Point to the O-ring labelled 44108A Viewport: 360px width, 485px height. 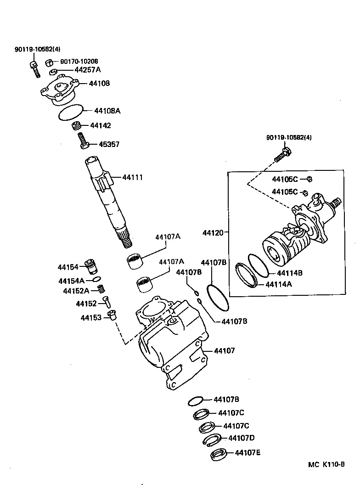click(x=71, y=113)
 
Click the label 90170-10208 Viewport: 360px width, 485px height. click(x=79, y=61)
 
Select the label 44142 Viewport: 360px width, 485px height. click(x=100, y=125)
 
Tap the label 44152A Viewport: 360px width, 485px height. click(x=76, y=291)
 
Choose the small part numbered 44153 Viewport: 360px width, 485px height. click(x=112, y=316)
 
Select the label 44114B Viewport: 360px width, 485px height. click(x=290, y=273)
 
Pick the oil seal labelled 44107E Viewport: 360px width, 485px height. click(x=218, y=455)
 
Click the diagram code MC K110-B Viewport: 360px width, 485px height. click(x=326, y=465)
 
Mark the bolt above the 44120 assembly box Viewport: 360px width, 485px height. click(x=282, y=153)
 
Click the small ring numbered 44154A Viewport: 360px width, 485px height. click(x=96, y=279)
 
